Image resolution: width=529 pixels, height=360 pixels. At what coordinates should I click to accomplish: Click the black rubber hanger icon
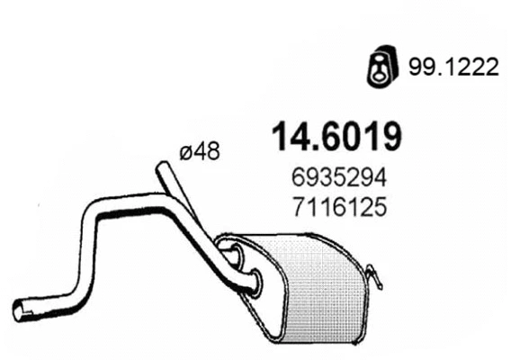coord(379,67)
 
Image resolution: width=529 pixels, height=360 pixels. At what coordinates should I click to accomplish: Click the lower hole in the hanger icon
coord(379,75)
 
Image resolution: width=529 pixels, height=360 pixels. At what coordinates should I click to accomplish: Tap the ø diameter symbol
coord(186,153)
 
